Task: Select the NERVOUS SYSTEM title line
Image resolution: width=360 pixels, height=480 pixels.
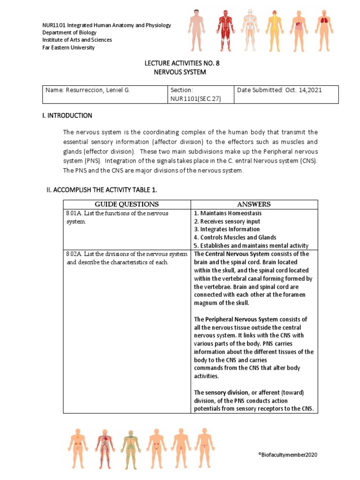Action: pyautogui.click(x=180, y=72)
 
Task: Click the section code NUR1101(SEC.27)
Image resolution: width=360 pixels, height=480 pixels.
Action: pyautogui.click(x=196, y=98)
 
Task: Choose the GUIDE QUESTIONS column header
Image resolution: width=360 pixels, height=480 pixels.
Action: pyautogui.click(x=127, y=204)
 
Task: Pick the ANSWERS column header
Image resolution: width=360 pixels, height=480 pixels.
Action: pyautogui.click(x=254, y=204)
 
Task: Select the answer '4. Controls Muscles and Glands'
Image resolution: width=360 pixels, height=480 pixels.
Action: pyautogui.click(x=235, y=238)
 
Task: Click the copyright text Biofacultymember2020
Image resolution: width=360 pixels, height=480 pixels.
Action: pyautogui.click(x=298, y=455)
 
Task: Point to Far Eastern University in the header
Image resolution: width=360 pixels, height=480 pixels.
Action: pyautogui.click(x=68, y=48)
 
